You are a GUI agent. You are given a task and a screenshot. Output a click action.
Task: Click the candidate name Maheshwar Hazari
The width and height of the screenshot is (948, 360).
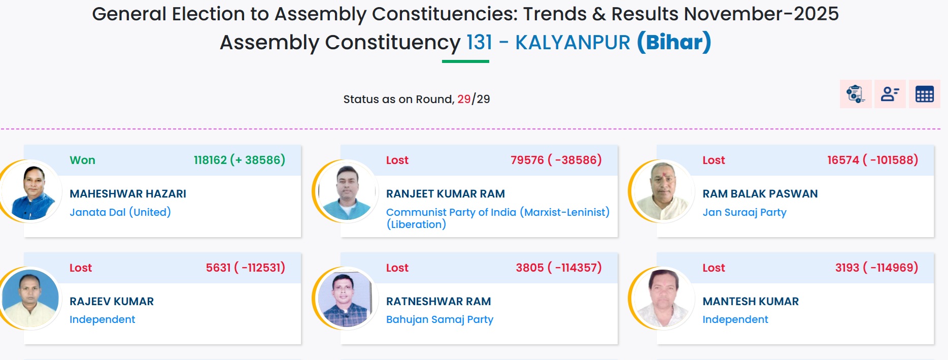(x=128, y=193)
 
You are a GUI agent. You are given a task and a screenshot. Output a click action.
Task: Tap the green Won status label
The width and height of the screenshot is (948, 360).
(x=82, y=160)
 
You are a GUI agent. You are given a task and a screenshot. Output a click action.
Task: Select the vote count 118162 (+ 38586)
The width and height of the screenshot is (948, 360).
(x=240, y=160)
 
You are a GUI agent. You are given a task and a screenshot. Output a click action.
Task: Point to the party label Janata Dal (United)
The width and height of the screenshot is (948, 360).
(x=120, y=212)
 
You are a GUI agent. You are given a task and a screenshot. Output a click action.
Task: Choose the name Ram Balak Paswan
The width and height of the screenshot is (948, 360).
(x=760, y=193)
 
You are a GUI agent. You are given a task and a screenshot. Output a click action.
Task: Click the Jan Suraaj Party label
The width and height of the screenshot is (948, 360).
(x=744, y=212)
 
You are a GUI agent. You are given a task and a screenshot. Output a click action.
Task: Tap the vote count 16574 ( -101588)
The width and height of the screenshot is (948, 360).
(x=872, y=160)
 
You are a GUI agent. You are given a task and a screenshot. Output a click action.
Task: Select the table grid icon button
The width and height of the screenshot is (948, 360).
(x=924, y=94)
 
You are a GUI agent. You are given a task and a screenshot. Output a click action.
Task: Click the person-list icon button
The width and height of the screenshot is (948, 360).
(x=890, y=94)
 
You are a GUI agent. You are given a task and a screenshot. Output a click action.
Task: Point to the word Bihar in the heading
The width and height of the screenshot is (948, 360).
(x=674, y=42)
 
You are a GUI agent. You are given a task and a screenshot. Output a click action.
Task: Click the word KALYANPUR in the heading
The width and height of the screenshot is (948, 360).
(x=572, y=42)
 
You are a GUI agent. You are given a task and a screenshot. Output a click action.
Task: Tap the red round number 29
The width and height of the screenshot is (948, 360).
(x=464, y=99)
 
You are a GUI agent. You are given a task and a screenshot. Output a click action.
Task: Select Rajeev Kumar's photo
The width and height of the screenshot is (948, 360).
(x=30, y=299)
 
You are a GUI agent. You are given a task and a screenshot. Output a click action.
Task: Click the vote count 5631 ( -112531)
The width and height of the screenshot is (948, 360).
(x=245, y=268)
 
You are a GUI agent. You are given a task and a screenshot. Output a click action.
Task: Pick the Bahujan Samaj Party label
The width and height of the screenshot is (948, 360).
(x=439, y=319)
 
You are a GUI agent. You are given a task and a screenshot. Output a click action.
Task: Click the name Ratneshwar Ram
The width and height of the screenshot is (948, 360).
(x=438, y=301)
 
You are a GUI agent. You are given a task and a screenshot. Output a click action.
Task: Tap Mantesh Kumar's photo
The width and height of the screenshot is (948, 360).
(x=663, y=299)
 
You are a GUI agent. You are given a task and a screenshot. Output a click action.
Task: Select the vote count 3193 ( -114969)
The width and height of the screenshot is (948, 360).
(x=876, y=268)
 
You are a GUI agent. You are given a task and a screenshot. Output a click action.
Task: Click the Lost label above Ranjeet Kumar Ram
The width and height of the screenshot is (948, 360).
(x=397, y=160)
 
